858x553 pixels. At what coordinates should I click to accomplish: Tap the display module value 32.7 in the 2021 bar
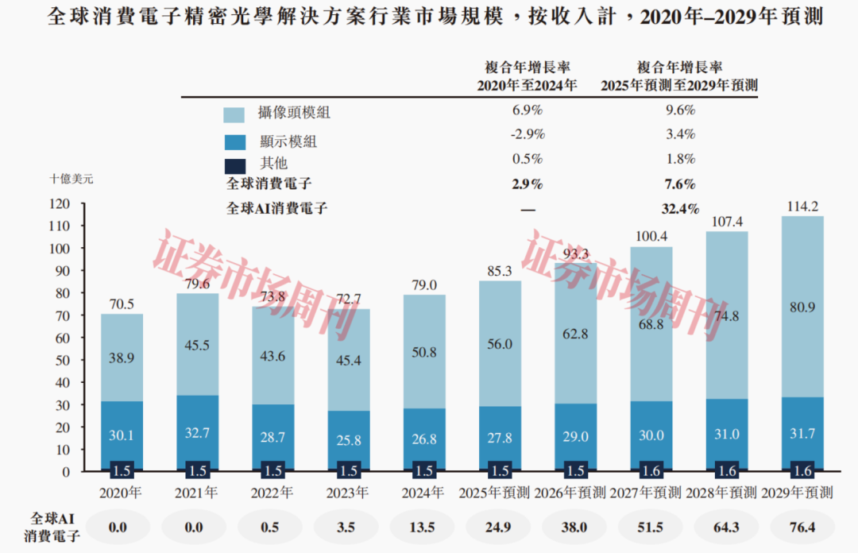(x=197, y=434)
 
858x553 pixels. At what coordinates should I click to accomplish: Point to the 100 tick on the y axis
(x=60, y=249)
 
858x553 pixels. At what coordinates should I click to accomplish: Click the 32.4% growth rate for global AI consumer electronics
(x=679, y=209)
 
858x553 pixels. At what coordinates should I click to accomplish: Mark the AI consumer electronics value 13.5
(x=425, y=528)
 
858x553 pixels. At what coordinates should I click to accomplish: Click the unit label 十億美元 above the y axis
(x=71, y=180)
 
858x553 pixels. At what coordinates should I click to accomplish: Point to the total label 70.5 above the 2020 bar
(x=122, y=303)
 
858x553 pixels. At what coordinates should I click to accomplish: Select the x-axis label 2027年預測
(x=646, y=493)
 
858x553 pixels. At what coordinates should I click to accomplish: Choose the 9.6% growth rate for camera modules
(x=679, y=110)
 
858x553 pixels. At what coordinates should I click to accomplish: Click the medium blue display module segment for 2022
(x=272, y=434)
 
